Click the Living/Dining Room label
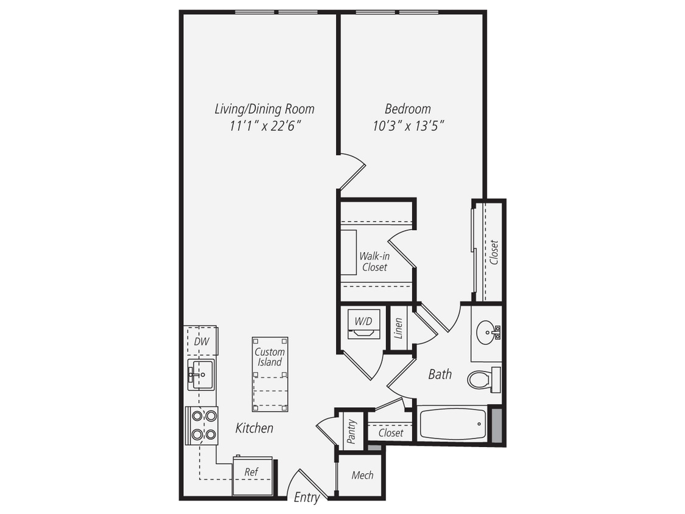click(x=264, y=109)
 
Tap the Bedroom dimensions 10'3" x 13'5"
click(x=407, y=126)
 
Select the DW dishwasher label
click(x=202, y=342)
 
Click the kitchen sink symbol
click(x=201, y=373)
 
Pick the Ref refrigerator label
click(x=251, y=472)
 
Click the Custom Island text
click(x=269, y=357)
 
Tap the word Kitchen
click(x=254, y=428)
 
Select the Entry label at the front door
click(x=306, y=498)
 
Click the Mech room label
click(x=362, y=475)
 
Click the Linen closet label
click(x=398, y=328)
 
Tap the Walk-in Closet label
click(x=374, y=261)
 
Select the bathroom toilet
click(x=481, y=379)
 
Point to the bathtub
click(x=453, y=423)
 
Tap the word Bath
click(x=440, y=374)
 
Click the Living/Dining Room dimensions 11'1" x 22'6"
click(x=264, y=126)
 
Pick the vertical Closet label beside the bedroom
click(x=494, y=253)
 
